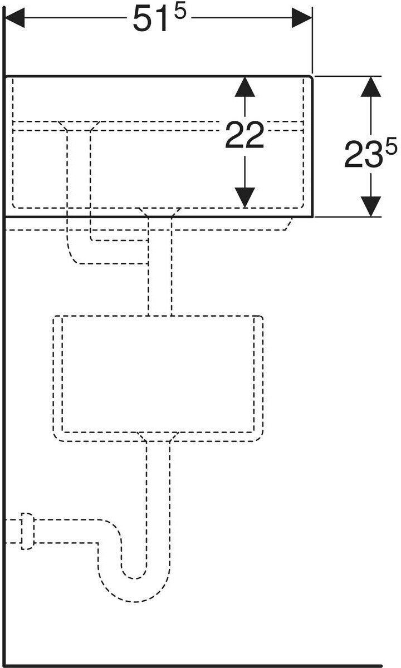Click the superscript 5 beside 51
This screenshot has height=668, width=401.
179,12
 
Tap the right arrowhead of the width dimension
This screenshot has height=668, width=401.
301,18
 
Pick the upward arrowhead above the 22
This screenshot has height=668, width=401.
244,87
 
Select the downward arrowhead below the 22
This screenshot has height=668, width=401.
244,197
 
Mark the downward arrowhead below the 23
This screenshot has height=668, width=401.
370,206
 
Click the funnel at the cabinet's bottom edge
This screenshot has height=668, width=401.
159,212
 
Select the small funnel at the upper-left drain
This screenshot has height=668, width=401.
79,125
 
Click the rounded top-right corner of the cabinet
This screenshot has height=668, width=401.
310,78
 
